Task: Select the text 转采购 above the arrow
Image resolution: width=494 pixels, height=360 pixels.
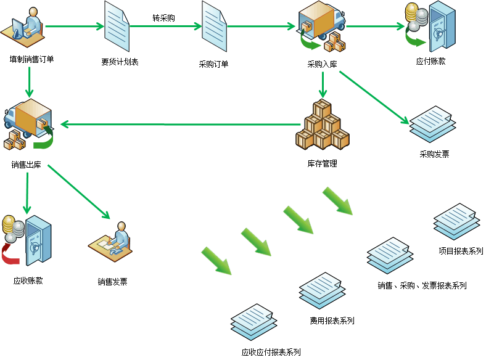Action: click(163, 18)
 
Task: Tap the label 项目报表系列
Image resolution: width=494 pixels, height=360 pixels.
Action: click(461, 251)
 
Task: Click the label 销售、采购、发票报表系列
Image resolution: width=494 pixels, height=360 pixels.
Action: click(422, 285)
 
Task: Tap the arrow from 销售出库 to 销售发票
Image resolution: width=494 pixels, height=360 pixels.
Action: click(79, 192)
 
